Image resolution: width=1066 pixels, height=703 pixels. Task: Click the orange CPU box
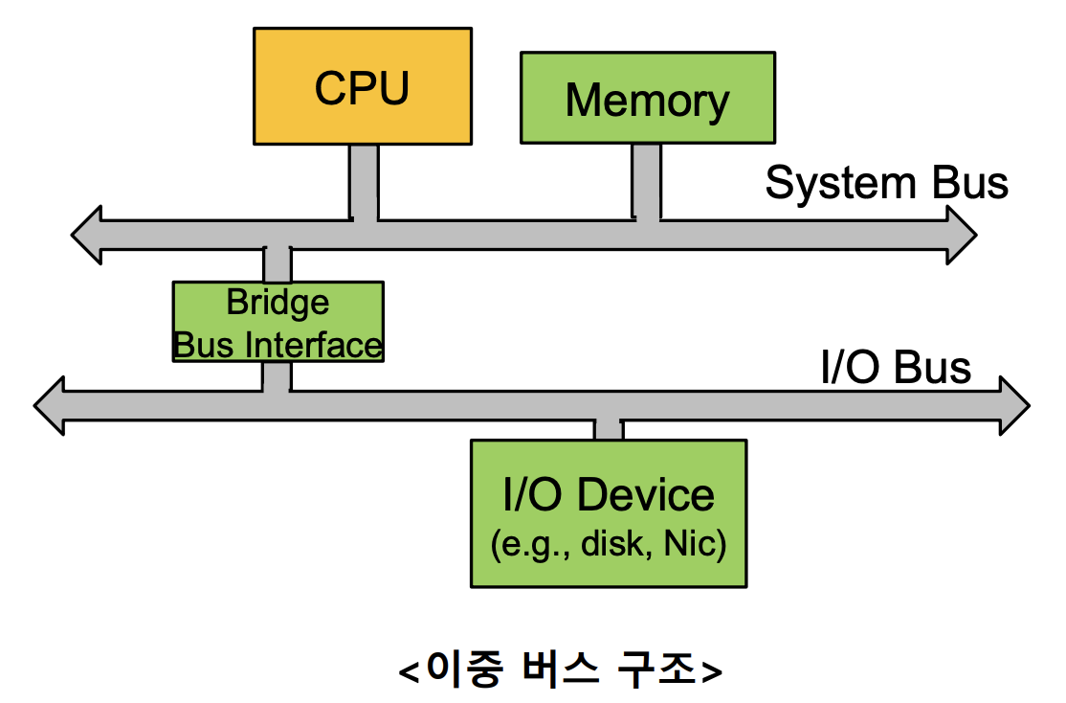(x=362, y=86)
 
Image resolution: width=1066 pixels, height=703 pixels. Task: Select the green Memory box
(x=648, y=98)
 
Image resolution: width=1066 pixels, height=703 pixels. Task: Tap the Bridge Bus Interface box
(x=278, y=321)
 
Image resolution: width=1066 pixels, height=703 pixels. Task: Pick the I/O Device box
(x=609, y=513)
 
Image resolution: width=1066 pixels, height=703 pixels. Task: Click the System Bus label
(x=886, y=183)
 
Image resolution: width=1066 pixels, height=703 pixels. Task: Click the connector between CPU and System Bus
(x=364, y=182)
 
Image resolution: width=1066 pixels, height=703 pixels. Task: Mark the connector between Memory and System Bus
(x=647, y=180)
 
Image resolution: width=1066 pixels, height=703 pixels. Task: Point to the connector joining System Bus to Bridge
(x=278, y=265)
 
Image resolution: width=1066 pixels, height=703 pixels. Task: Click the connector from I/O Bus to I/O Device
(x=609, y=430)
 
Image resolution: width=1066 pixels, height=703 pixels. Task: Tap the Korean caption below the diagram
(x=560, y=669)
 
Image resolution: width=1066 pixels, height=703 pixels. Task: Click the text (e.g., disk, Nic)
(x=609, y=545)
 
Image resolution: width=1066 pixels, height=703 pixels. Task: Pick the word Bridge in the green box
(x=278, y=303)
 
